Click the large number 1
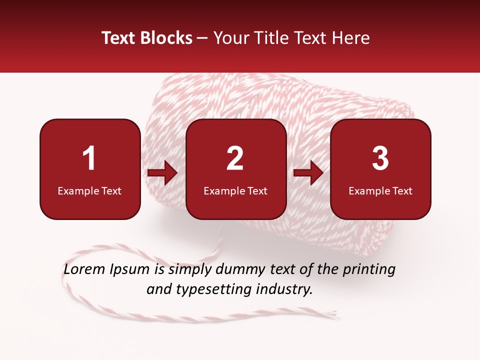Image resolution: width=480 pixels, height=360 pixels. pos(89,158)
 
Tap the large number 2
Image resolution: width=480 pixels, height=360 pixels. pos(235,158)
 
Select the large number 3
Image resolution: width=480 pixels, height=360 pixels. pos(380,158)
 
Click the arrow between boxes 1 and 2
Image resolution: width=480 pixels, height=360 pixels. pos(162,173)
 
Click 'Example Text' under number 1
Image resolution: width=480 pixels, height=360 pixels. pos(89,191)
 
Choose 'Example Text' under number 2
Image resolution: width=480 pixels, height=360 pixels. pos(235,191)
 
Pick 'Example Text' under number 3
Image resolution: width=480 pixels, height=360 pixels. pos(380,191)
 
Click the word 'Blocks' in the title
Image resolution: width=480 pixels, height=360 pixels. pos(166,38)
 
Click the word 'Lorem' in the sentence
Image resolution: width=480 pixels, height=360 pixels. pos(83,269)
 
